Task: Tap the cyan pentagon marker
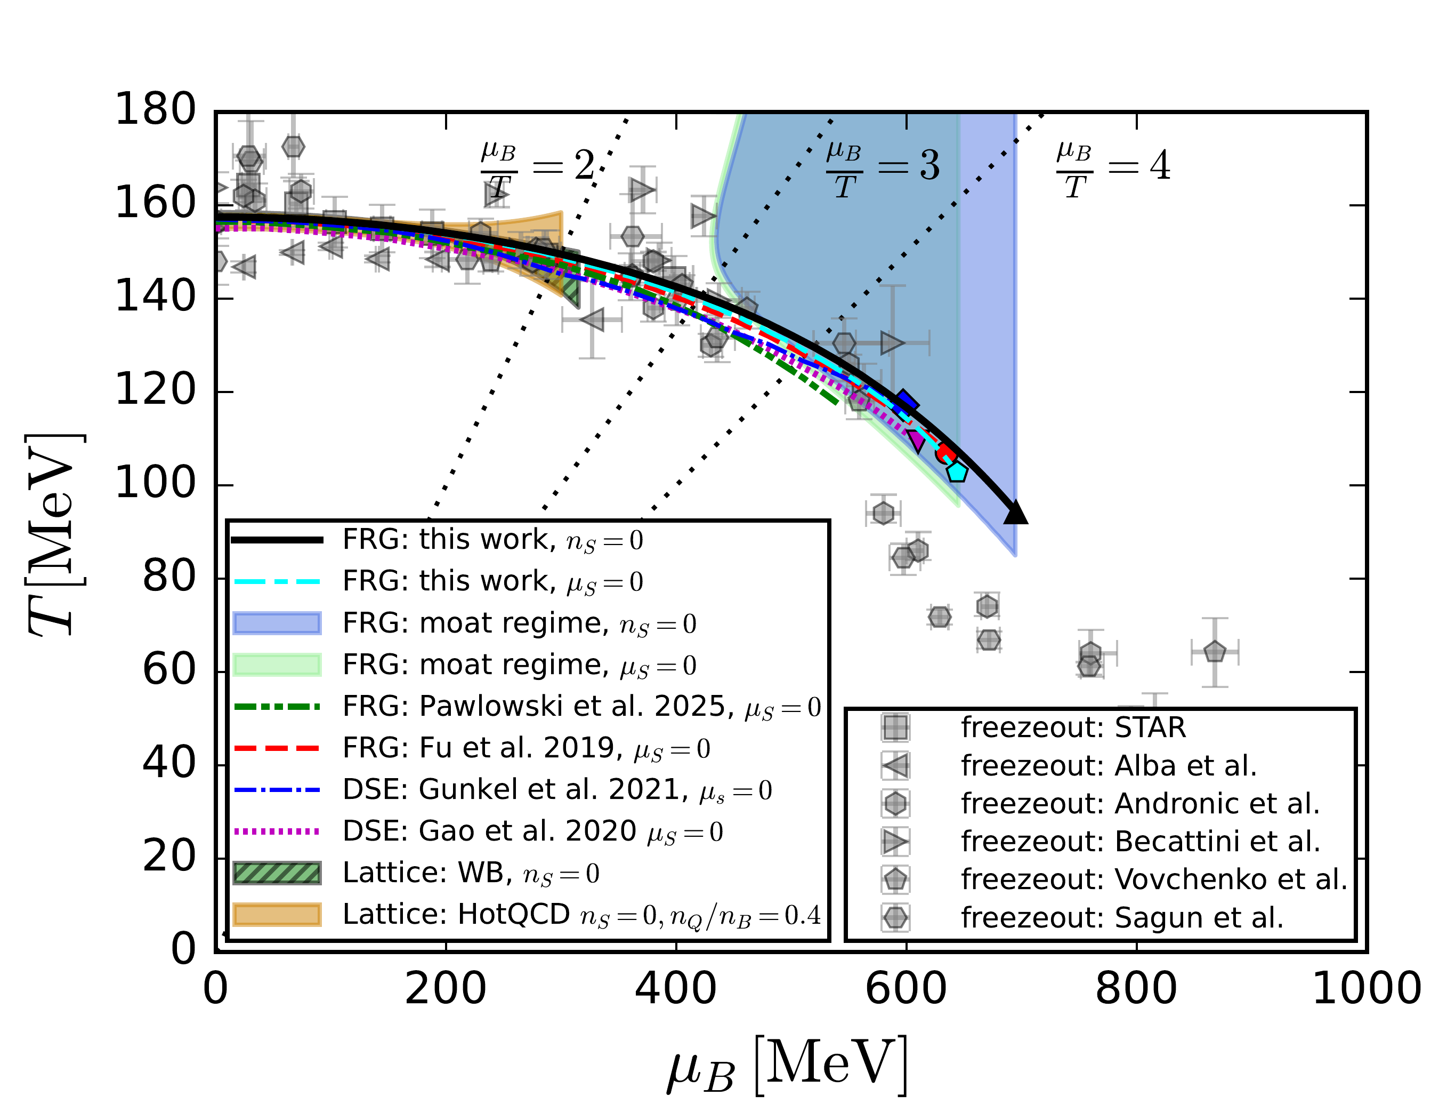tap(957, 472)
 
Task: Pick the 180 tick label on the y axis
tap(156, 109)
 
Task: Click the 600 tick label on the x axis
tap(906, 989)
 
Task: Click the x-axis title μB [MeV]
tap(787, 1067)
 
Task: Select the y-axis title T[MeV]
tap(56, 534)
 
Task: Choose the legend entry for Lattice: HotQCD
tap(580, 915)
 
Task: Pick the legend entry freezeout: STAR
tap(1073, 728)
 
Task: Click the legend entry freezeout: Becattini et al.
tap(1140, 842)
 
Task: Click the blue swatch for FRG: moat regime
tap(277, 623)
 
